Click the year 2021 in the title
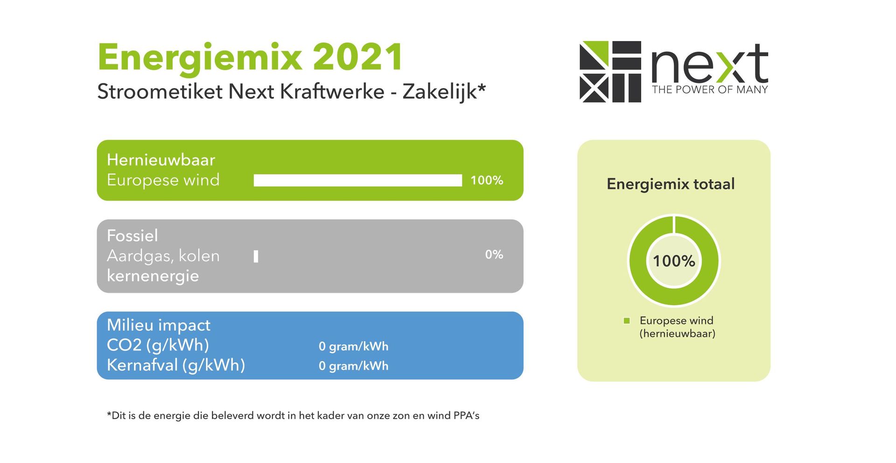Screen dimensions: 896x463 357,57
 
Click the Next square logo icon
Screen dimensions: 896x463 610,71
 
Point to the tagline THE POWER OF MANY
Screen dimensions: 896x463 710,90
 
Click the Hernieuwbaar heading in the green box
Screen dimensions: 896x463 161,160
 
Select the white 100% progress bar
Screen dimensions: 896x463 358,180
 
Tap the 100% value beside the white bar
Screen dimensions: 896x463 487,180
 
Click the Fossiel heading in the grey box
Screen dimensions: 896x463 133,235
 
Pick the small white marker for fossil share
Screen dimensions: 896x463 256,256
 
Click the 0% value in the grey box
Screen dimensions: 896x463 494,255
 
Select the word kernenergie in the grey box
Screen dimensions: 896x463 153,276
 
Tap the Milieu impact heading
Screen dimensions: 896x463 159,325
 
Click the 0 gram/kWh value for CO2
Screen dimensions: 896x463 354,346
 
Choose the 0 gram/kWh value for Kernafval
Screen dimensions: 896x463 354,366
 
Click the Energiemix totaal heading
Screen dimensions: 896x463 671,184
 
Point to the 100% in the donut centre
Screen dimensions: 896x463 674,261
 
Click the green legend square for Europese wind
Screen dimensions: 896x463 627,321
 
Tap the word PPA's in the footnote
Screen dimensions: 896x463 467,415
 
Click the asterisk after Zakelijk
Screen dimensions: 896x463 482,87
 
